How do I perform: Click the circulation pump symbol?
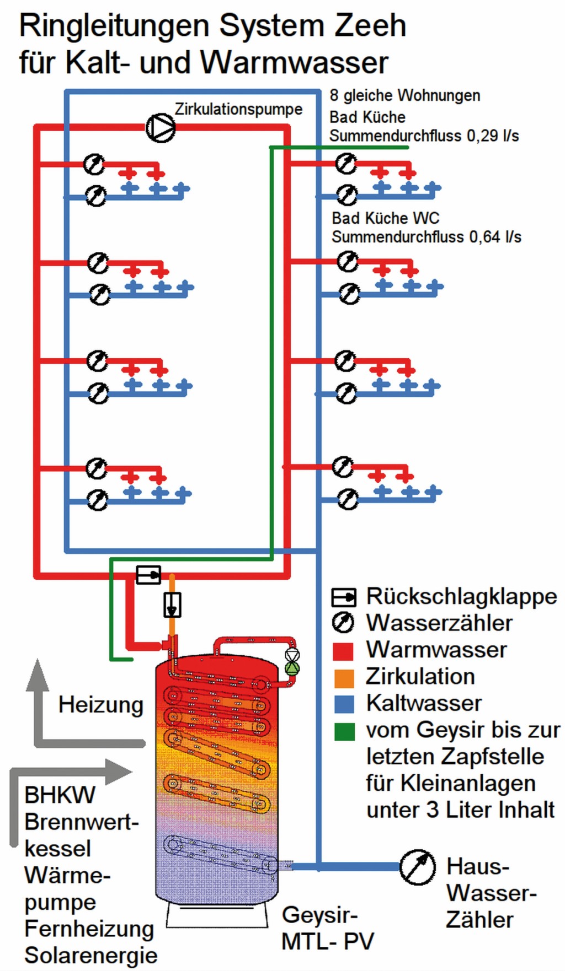pos(160,127)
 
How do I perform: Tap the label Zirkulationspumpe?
pos(238,109)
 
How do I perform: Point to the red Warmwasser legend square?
pos(343,650)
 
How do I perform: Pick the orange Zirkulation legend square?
pos(343,677)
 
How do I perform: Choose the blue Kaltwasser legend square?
pos(343,704)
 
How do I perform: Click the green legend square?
pos(343,731)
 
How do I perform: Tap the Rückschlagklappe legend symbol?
pos(344,597)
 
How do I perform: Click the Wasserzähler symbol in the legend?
pos(343,623)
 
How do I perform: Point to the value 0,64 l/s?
pos(495,237)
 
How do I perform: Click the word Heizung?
pos(101,705)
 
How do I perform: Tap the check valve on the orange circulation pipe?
pos(172,605)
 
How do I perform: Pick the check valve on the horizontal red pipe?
pos(148,575)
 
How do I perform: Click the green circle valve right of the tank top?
pos(291,668)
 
